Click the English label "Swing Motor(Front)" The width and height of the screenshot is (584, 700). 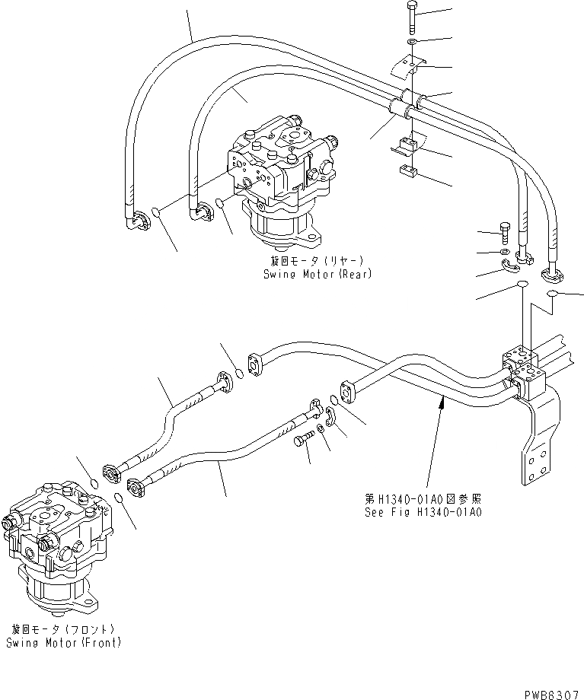[x=63, y=643]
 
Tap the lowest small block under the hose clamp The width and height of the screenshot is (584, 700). [x=406, y=170]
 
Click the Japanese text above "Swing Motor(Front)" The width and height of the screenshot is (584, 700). [x=63, y=630]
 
